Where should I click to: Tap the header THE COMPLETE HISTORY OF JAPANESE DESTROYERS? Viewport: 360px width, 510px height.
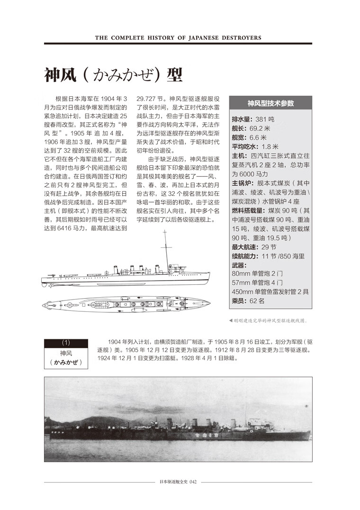(x=178, y=37)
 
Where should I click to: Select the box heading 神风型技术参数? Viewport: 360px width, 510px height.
(x=270, y=103)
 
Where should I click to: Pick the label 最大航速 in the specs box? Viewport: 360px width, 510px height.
(x=244, y=247)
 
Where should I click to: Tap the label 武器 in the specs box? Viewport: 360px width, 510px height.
(x=239, y=265)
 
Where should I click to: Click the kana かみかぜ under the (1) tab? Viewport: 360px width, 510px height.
(x=66, y=363)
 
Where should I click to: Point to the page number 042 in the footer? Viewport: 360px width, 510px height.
(x=192, y=483)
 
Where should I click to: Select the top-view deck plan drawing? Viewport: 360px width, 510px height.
(x=126, y=303)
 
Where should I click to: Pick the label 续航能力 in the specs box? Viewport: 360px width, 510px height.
(x=247, y=256)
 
